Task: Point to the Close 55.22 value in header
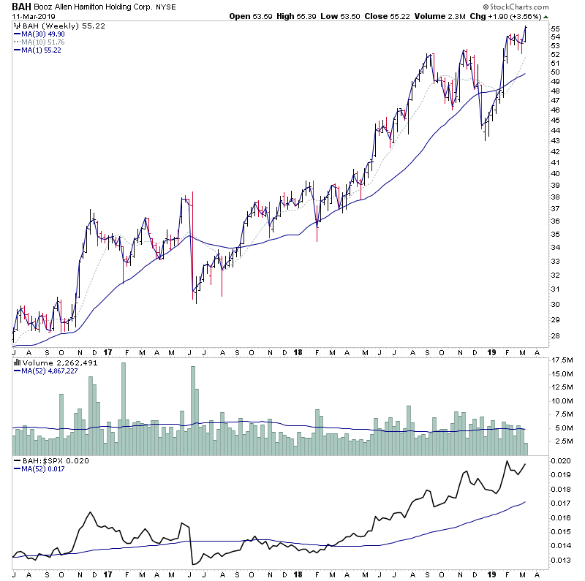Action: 375,15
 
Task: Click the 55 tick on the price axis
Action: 555,29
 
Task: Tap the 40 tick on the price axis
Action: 555,174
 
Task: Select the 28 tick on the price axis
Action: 555,335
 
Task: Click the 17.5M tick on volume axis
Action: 560,360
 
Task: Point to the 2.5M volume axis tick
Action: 560,442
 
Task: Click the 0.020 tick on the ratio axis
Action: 560,462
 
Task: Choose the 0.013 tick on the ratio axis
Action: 560,561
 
